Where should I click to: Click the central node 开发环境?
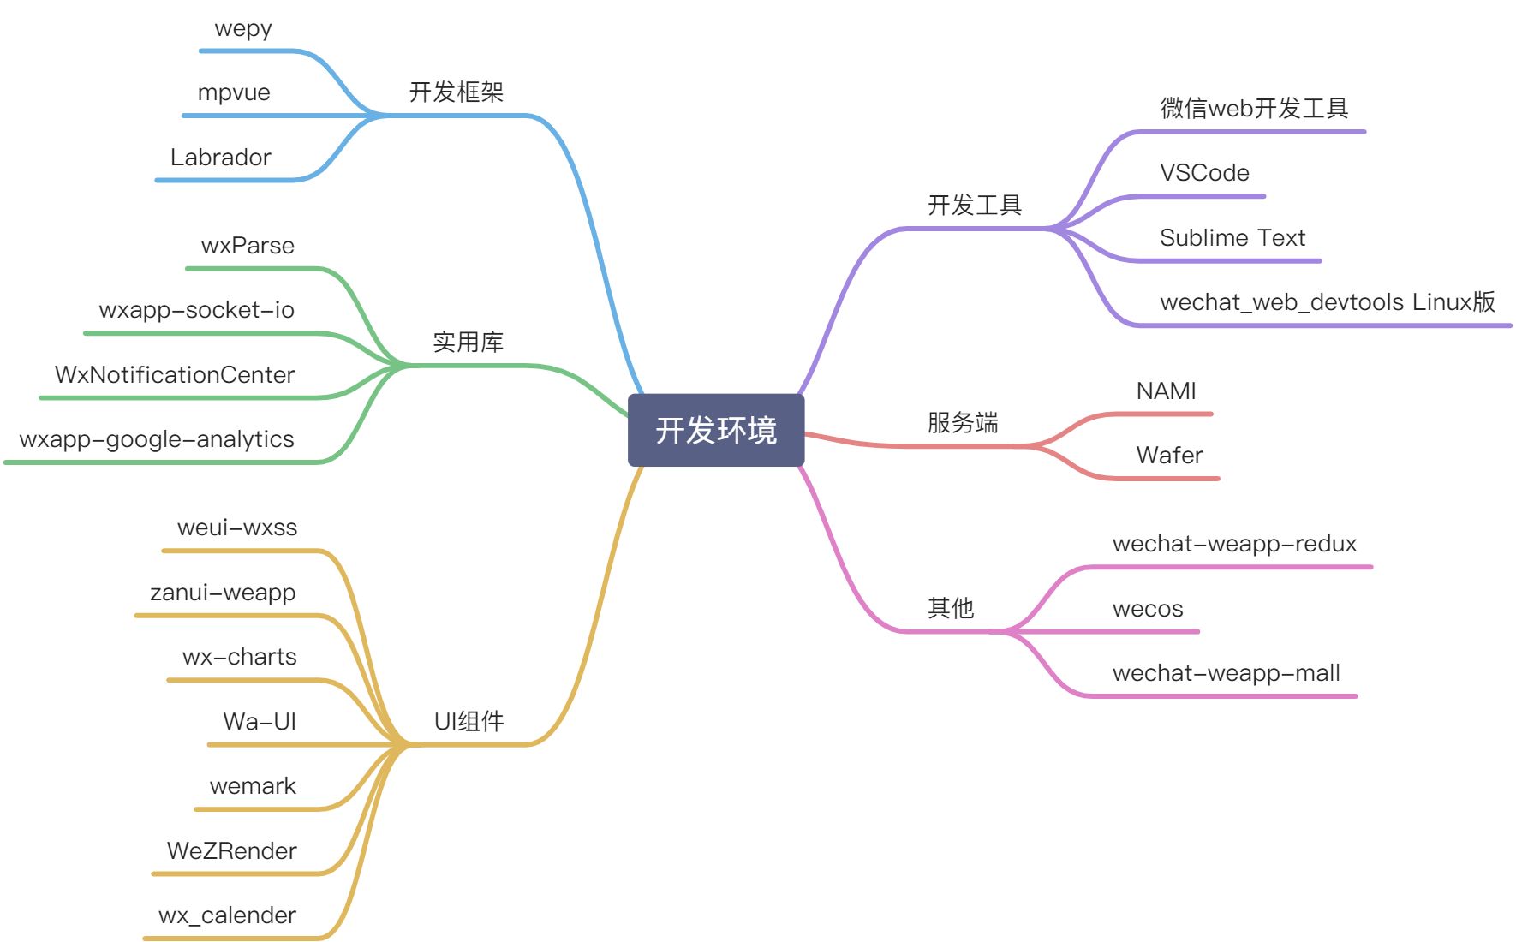pyautogui.click(x=716, y=430)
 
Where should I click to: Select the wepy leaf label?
pyautogui.click(x=243, y=28)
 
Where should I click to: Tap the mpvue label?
pyautogui.click(x=234, y=92)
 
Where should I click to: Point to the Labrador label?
pyautogui.click(x=220, y=158)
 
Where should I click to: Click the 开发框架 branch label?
pyautogui.click(x=456, y=92)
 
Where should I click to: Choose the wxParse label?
pyautogui.click(x=248, y=246)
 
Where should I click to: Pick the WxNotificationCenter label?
pyautogui.click(x=175, y=375)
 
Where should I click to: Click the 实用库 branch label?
pyautogui.click(x=468, y=342)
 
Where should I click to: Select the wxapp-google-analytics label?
pyautogui.click(x=157, y=439)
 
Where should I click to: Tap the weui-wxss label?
pyautogui.click(x=237, y=528)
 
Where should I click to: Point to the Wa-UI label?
pyautogui.click(x=260, y=721)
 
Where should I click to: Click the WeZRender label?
pyautogui.click(x=232, y=850)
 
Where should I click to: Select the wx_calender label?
pyautogui.click(x=227, y=915)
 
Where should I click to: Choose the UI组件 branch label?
pyautogui.click(x=469, y=721)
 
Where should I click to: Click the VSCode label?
pyautogui.click(x=1204, y=173)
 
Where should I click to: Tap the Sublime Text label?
pyautogui.click(x=1232, y=238)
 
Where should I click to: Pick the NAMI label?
pyautogui.click(x=1166, y=391)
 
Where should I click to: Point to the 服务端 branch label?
pyautogui.click(x=963, y=422)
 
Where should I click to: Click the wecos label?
pyautogui.click(x=1148, y=609)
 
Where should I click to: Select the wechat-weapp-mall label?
pyautogui.click(x=1226, y=673)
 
